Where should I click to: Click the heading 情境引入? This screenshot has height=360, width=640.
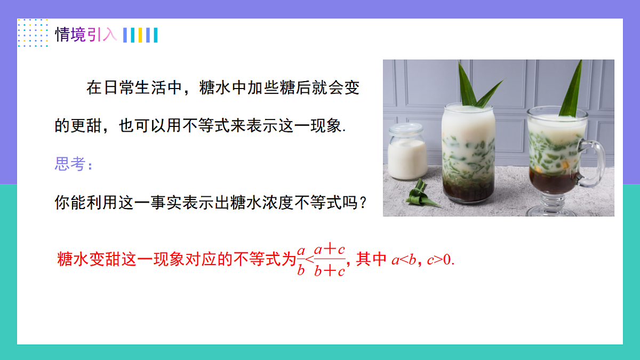coord(85,35)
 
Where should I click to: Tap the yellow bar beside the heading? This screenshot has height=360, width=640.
coord(140,35)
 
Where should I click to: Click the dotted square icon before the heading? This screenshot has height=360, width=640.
coord(33,33)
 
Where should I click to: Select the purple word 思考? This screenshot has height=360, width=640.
coord(70,164)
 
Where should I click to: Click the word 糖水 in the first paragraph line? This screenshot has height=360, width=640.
coord(214,88)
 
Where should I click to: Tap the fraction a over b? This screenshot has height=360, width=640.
coord(300,260)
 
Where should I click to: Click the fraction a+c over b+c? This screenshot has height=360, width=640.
coord(329,260)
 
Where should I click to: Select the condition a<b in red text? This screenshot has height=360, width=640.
coord(404,260)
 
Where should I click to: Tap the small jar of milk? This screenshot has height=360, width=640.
coord(407,153)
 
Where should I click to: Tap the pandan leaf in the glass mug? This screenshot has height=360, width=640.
coord(571,91)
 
